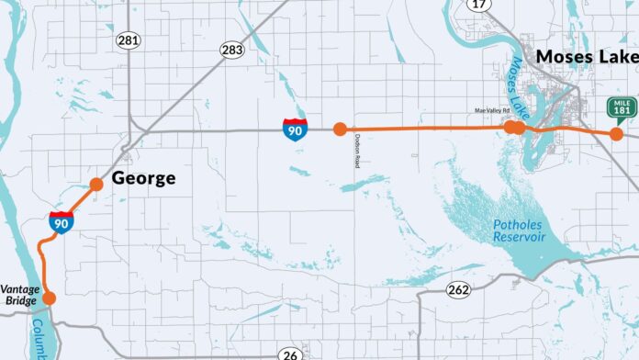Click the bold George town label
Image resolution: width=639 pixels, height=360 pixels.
click(143, 178)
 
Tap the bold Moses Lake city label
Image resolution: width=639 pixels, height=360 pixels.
click(586, 56)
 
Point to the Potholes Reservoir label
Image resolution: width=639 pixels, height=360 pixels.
click(519, 230)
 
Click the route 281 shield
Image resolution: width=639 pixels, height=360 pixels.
click(128, 40)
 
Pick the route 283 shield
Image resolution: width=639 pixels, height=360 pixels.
click(231, 50)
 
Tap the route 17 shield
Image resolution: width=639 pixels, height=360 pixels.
click(478, 5)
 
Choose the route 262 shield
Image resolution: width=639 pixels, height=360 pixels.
click(458, 291)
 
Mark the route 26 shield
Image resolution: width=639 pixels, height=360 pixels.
click(291, 354)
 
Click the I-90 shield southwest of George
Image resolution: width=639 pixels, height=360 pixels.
click(62, 220)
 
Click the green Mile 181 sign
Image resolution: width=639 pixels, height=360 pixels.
click(621, 107)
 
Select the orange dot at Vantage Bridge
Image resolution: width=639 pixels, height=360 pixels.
click(50, 298)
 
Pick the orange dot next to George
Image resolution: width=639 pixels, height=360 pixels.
click(96, 185)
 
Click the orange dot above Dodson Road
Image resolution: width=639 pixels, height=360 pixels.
click(341, 129)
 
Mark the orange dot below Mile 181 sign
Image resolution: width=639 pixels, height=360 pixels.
click(616, 134)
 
